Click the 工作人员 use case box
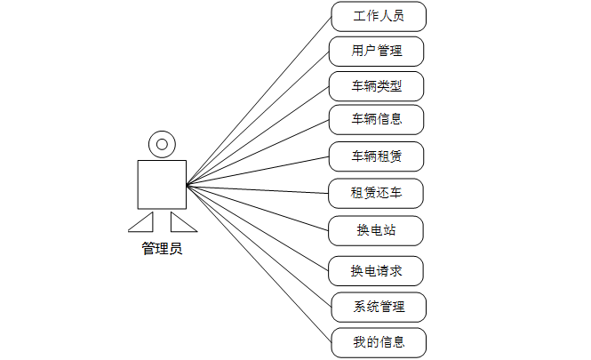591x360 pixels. [x=378, y=16]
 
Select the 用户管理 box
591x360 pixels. [x=376, y=51]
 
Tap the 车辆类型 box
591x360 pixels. [x=376, y=85]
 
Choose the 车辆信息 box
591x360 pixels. [x=376, y=119]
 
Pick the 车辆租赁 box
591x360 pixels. [x=376, y=156]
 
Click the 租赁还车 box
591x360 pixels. [x=376, y=193]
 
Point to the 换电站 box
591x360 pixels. [x=376, y=230]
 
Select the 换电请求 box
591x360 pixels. [x=376, y=271]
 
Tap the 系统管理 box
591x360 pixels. [x=379, y=307]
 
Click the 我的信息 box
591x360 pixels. [x=379, y=342]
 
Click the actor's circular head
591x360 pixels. [x=161, y=142]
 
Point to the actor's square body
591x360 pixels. [x=161, y=184]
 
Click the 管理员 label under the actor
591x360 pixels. [x=162, y=249]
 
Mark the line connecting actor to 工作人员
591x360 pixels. [x=258, y=101]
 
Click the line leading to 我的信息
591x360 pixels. [x=258, y=262]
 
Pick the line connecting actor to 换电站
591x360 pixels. [x=258, y=207]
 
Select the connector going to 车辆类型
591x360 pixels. [x=258, y=135]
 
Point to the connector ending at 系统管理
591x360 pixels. [x=258, y=245]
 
